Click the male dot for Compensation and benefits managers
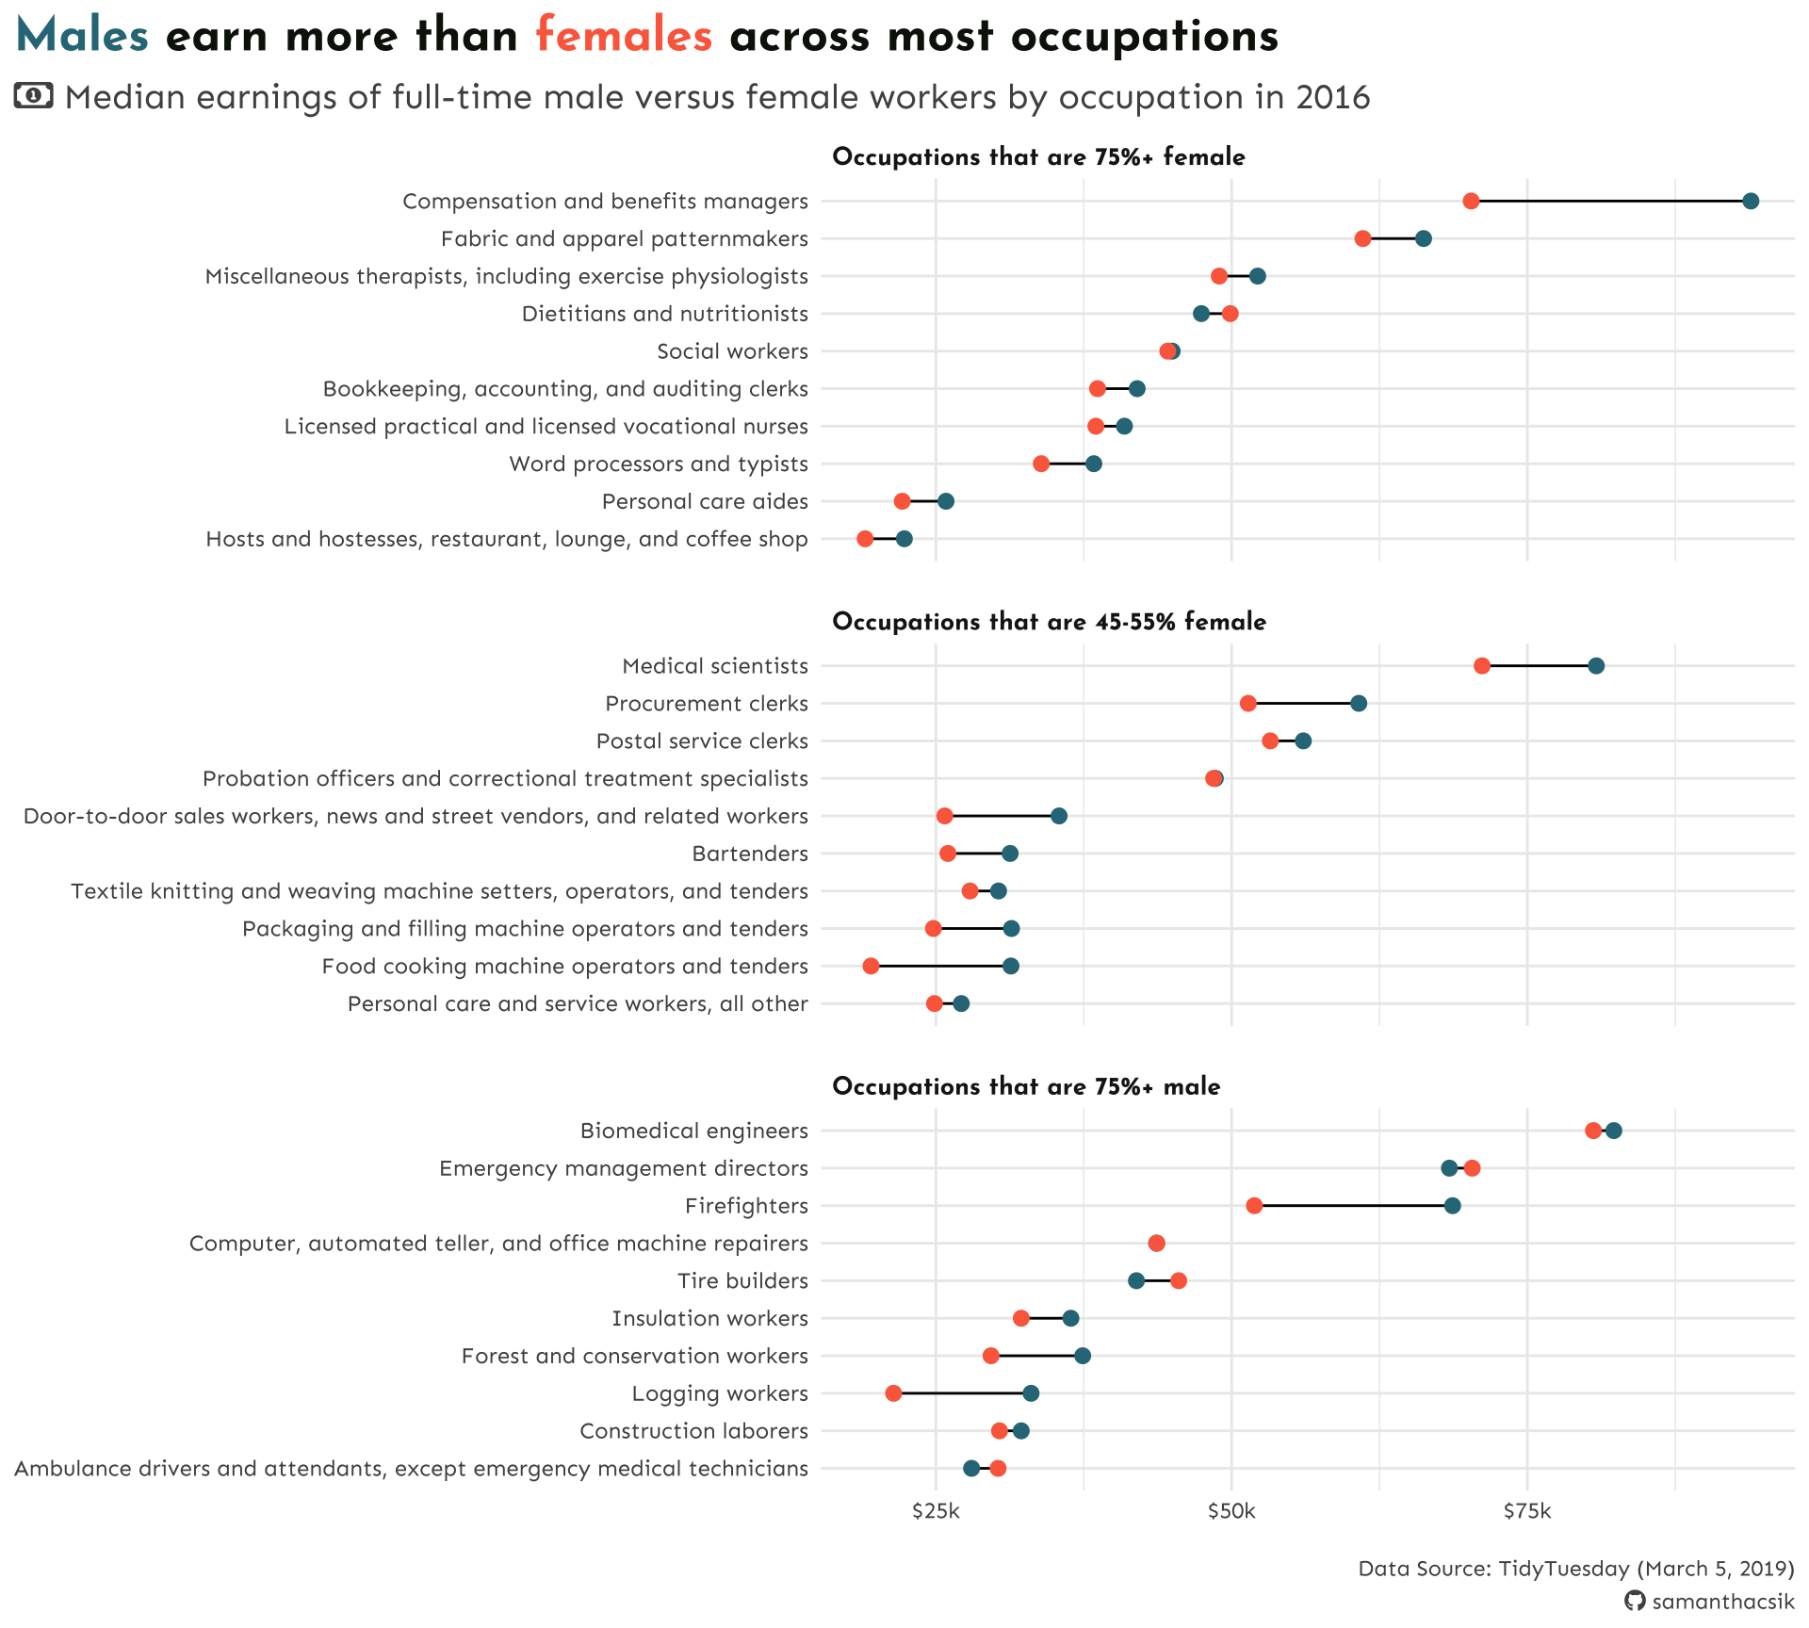pyautogui.click(x=1751, y=201)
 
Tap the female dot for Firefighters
pyautogui.click(x=1254, y=1206)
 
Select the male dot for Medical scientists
pyautogui.click(x=1596, y=666)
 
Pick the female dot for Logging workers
pyautogui.click(x=893, y=1393)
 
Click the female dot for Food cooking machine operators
pyautogui.click(x=871, y=967)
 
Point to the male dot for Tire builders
pyautogui.click(x=1136, y=1280)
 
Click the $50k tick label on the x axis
pyautogui.click(x=1231, y=1512)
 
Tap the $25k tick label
pyautogui.click(x=936, y=1512)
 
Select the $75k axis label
pyautogui.click(x=1526, y=1512)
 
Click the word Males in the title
pyautogui.click(x=83, y=37)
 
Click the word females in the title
pyautogui.click(x=624, y=37)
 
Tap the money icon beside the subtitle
pyautogui.click(x=34, y=95)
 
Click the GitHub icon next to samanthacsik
pyautogui.click(x=1635, y=1602)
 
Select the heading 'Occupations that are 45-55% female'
pyautogui.click(x=1049, y=622)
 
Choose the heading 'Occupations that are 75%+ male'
pyautogui.click(x=1026, y=1087)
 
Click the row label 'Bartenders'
pyautogui.click(x=750, y=855)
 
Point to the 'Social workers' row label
pyautogui.click(x=732, y=351)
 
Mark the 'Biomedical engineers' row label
pyautogui.click(x=693, y=1131)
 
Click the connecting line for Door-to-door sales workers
pyautogui.click(x=1002, y=816)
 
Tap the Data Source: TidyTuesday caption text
pyautogui.click(x=1575, y=1569)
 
